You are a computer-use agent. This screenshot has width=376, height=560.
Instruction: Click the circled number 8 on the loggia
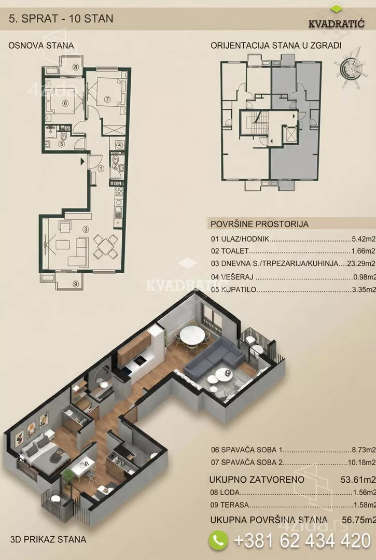[76, 67]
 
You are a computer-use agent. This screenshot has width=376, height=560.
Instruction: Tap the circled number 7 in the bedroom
[107, 100]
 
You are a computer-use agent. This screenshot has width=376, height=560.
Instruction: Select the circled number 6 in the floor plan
[65, 103]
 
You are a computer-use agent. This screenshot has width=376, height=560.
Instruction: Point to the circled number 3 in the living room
[86, 229]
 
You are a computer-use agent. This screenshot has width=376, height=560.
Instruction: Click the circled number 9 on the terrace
[75, 284]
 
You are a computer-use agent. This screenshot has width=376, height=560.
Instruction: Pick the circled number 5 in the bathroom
[61, 144]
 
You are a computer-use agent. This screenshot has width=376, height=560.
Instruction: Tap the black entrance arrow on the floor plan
[82, 161]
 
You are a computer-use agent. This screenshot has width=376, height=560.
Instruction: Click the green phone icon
[218, 539]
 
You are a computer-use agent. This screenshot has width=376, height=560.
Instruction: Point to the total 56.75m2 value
[358, 520]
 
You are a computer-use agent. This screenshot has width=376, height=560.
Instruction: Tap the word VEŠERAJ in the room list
[237, 277]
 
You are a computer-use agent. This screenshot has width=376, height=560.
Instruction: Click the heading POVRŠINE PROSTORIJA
[260, 225]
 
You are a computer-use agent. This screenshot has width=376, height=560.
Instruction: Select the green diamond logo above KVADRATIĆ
[336, 9]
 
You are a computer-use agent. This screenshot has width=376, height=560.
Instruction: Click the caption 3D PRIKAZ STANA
[48, 539]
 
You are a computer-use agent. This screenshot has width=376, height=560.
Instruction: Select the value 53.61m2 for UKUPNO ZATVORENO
[358, 479]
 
